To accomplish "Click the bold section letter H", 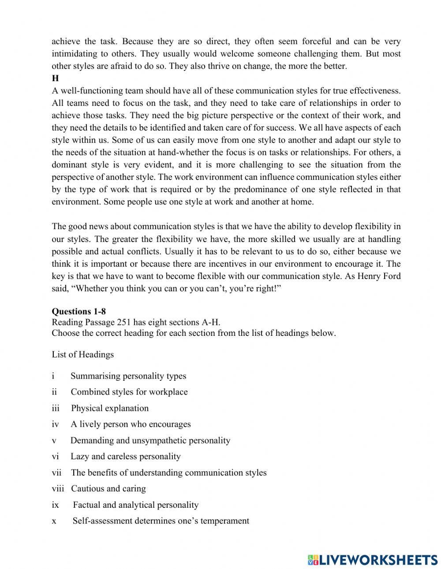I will pyautogui.click(x=55, y=78).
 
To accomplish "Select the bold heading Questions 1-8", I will pyautogui.click(x=78, y=312).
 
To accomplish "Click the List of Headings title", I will pyautogui.click(x=82, y=354).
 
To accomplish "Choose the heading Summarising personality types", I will pyautogui.click(x=128, y=376).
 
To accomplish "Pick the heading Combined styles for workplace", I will pyautogui.click(x=129, y=392).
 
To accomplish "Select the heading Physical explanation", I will pyautogui.click(x=110, y=408).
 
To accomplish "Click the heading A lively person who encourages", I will pyautogui.click(x=131, y=424).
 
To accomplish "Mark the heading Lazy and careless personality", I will pyautogui.click(x=126, y=456).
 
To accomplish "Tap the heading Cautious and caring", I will pyautogui.click(x=108, y=488).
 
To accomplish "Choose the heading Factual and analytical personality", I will pyautogui.click(x=135, y=505).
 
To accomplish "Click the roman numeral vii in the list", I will pyautogui.click(x=56, y=472).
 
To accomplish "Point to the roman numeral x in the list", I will pyautogui.click(x=54, y=521).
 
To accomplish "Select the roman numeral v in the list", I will pyautogui.click(x=54, y=440).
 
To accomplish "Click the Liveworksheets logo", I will pyautogui.click(x=373, y=559).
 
